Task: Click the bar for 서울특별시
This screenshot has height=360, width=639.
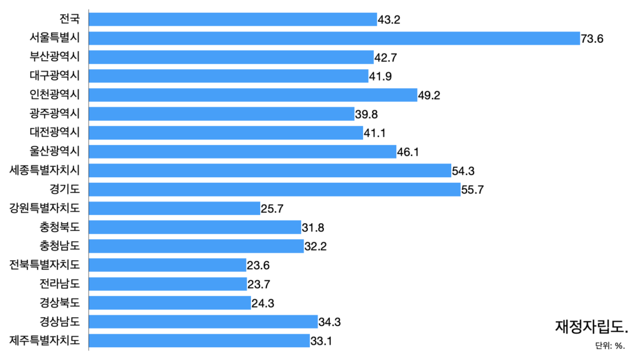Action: pos(334,38)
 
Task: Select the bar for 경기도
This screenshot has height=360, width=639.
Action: pos(275,189)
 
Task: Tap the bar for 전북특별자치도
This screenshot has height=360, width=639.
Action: pos(167,265)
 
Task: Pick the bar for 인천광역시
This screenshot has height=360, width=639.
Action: pos(253,95)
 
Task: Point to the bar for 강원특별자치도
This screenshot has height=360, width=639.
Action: pos(174,208)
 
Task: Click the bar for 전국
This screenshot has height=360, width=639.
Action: pos(233,20)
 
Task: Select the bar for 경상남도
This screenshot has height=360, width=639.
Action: pos(203,322)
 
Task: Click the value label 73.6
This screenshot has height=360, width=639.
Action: pos(592,39)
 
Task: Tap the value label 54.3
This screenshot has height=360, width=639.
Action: pos(464,171)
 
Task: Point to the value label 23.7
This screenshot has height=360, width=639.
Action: pos(259,284)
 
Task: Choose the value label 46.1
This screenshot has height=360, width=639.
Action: pos(408,152)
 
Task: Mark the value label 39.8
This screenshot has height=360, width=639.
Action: pos(367,114)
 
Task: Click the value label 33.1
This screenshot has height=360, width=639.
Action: pos(321,341)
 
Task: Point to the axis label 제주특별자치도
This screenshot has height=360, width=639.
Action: pos(45,340)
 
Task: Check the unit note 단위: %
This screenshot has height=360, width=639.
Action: pos(610,346)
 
